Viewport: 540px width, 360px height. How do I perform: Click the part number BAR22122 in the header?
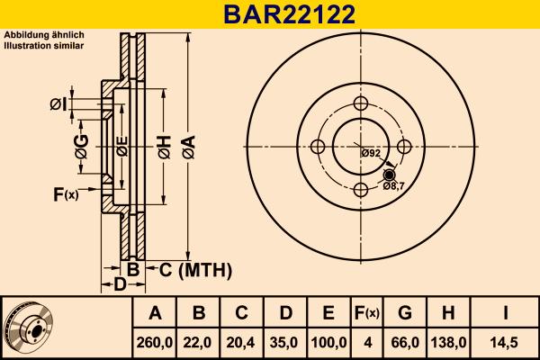pos(270,13)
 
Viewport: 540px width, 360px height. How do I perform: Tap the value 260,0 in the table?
pos(155,343)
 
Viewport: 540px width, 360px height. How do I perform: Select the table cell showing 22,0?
pos(199,343)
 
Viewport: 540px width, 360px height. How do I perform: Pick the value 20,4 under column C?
pos(242,343)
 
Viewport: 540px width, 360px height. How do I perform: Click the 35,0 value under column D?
pos(285,343)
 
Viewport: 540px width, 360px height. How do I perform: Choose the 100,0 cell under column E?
pos(328,343)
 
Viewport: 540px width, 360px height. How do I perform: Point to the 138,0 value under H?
pos(447,343)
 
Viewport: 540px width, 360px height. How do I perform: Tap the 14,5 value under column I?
pos(505,343)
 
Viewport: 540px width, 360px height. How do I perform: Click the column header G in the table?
pos(404,313)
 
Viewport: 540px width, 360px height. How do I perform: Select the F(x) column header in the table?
pos(366,313)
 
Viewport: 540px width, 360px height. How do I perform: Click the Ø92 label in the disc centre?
pos(372,153)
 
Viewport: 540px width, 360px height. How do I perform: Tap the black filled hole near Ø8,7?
pos(389,175)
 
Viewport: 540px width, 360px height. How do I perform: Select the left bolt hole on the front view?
pos(318,147)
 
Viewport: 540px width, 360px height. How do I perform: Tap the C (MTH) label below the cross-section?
pos(196,269)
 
